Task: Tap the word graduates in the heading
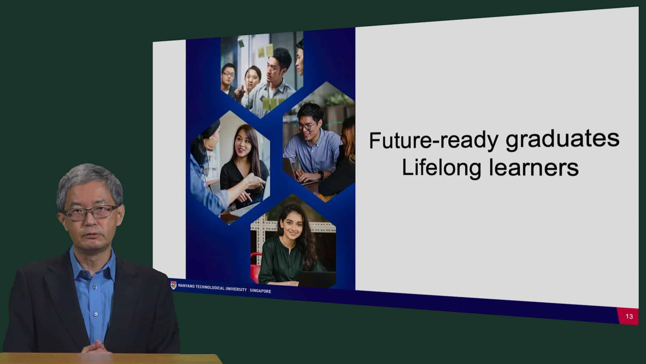pyautogui.click(x=562, y=139)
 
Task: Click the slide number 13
pyautogui.click(x=629, y=316)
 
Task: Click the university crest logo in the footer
pyautogui.click(x=173, y=285)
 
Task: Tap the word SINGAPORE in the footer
pyautogui.click(x=260, y=291)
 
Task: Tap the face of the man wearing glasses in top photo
pyautogui.click(x=229, y=74)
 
